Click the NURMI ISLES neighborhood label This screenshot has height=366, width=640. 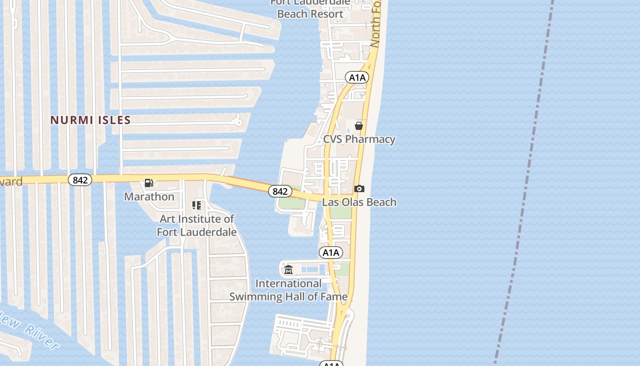coord(91,120)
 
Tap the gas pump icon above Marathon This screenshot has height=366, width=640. coord(149,183)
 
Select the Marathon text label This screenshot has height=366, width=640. coord(149,197)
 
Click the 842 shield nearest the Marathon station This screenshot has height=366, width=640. coord(80,180)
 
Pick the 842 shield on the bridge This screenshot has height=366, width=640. coord(279,191)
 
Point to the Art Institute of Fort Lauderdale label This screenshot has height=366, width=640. coord(197,225)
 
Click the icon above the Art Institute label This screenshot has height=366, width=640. coord(197,205)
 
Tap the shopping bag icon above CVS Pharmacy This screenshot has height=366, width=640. coord(359,125)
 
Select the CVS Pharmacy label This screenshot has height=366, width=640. coord(359,139)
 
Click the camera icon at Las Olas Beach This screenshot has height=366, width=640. coord(359,188)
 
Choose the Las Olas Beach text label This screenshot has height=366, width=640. coord(359,202)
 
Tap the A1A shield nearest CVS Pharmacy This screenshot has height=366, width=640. coord(357,77)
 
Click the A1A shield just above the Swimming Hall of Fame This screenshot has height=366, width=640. coord(331,253)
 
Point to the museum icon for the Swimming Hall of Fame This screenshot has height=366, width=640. coord(288,270)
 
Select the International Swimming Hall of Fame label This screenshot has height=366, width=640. coord(288,290)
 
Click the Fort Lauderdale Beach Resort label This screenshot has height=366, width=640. coord(310,9)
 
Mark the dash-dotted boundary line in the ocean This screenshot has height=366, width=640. coord(526,183)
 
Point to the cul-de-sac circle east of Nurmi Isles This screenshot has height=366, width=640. coord(238,122)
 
